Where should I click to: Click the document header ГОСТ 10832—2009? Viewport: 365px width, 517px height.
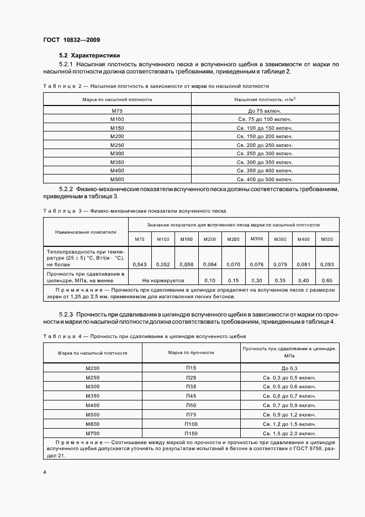71,40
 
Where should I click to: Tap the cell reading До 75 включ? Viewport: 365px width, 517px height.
265,111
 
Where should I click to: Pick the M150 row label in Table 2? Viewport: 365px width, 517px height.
117,128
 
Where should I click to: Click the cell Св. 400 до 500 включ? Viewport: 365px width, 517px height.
265,179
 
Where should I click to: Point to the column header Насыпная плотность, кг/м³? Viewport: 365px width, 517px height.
265,99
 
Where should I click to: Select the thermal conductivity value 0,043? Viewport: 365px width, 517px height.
140,264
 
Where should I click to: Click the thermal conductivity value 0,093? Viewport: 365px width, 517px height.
327,264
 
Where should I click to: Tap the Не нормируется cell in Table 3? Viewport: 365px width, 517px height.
163,280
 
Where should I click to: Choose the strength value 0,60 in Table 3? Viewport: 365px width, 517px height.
327,280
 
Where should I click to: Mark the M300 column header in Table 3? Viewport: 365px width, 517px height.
257,239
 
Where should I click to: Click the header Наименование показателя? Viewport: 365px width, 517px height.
78,233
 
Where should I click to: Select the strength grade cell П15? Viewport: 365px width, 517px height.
191,367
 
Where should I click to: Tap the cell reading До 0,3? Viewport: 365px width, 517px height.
289,368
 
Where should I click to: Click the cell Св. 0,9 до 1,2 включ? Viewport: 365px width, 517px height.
289,414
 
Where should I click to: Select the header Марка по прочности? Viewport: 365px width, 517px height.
191,352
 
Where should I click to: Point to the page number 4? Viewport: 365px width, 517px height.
45,473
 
